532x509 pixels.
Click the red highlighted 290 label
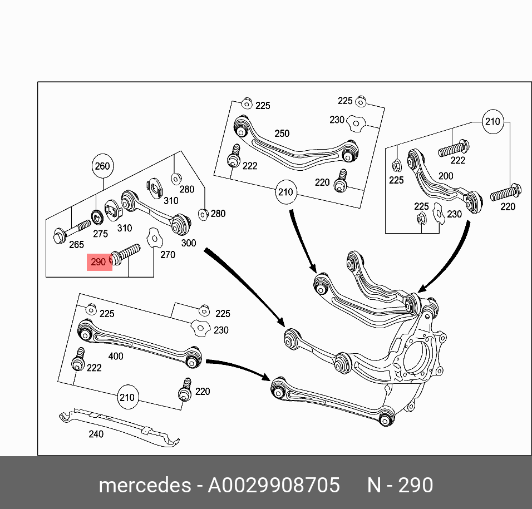tap(99, 261)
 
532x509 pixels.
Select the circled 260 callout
tap(102, 166)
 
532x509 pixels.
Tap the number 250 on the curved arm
tap(282, 134)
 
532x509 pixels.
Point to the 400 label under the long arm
tap(115, 356)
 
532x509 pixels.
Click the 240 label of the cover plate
tap(96, 434)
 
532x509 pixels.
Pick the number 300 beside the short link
tap(189, 243)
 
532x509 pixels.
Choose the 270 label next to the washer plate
tap(168, 255)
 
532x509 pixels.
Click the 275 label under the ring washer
tap(100, 234)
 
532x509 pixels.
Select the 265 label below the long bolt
tap(76, 245)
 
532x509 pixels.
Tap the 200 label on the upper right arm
tap(445, 176)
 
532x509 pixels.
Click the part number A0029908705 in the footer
tap(274, 486)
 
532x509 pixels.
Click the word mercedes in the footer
tap(144, 486)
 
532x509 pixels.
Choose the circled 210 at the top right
tap(492, 121)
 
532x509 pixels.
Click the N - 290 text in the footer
tap(400, 486)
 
